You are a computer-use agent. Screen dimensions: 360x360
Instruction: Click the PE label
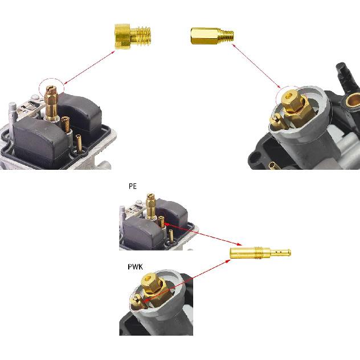(133, 186)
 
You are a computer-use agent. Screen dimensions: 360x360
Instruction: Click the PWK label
(135, 267)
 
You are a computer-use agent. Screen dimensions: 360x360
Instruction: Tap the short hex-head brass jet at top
(133, 36)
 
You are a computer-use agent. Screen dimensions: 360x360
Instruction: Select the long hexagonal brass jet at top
(212, 36)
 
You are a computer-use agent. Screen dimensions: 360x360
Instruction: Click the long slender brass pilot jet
(260, 252)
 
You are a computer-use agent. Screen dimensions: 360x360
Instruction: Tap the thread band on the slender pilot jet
(258, 252)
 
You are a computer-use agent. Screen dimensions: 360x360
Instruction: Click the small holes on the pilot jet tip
(279, 252)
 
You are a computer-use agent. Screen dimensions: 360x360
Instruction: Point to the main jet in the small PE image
(151, 206)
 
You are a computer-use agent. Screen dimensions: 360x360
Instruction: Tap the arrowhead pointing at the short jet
(113, 52)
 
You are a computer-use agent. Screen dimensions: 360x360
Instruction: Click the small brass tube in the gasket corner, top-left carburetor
(79, 144)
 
